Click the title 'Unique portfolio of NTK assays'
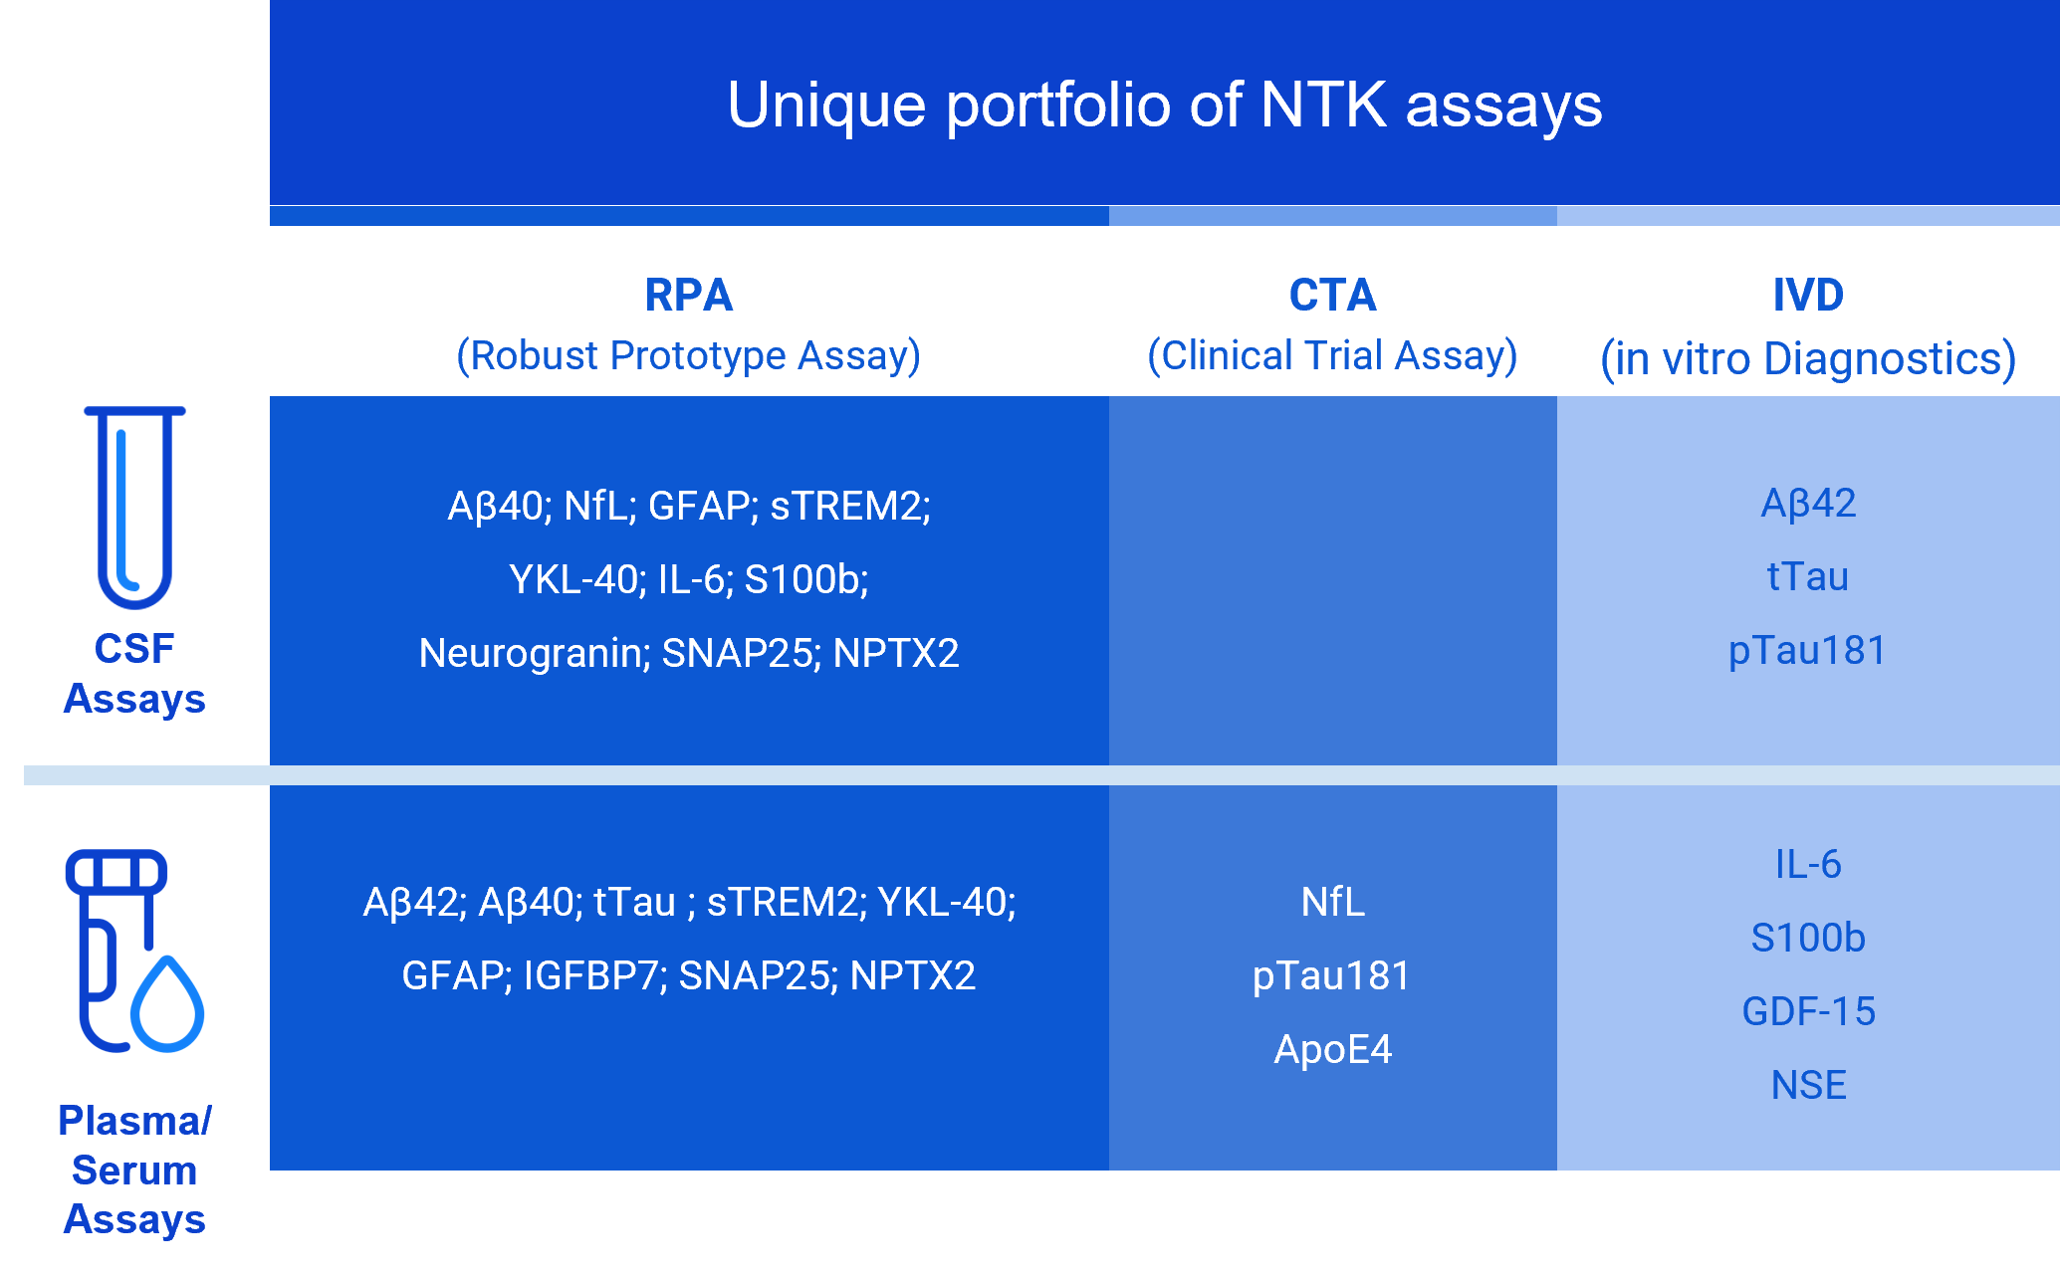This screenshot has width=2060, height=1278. [x=1164, y=106]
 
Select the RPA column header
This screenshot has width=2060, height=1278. [x=689, y=295]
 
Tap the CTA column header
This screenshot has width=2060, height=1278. [x=1332, y=295]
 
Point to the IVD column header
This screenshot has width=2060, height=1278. [x=1808, y=295]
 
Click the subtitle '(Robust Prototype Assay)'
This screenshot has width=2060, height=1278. [x=689, y=355]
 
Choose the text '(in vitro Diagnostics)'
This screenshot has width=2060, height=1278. [x=1808, y=358]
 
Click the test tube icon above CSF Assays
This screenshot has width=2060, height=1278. [x=135, y=507]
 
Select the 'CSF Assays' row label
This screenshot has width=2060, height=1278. [x=134, y=673]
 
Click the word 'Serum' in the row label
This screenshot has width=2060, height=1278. [x=134, y=1170]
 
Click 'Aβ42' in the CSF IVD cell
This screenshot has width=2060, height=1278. [x=1808, y=504]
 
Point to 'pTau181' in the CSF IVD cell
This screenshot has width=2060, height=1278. [x=1808, y=651]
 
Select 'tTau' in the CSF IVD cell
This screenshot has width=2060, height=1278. [x=1808, y=577]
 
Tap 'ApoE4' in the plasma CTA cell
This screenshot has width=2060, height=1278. [x=1333, y=1050]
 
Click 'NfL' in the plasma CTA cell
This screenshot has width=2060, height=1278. [x=1333, y=902]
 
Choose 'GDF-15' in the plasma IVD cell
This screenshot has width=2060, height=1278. [x=1808, y=1012]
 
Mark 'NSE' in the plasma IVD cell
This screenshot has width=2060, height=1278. [x=1808, y=1085]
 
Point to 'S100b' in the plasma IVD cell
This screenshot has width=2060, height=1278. [x=1808, y=938]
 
